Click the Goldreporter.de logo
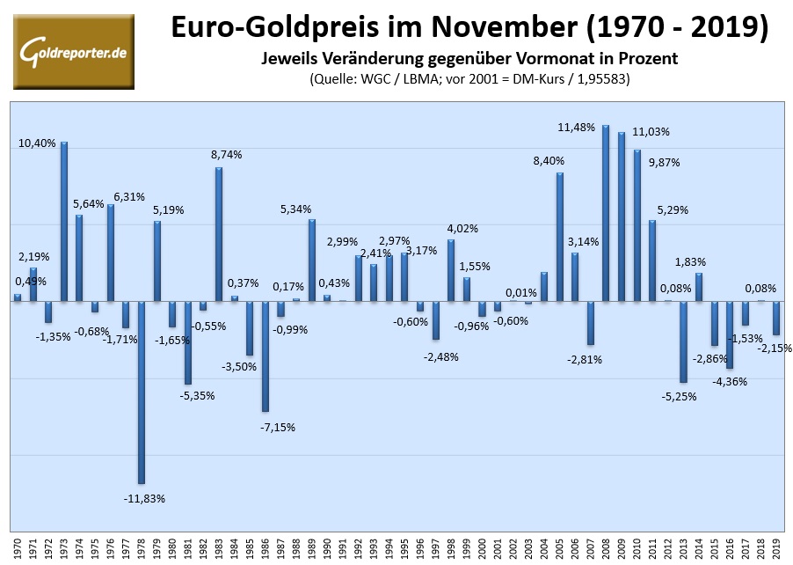coord(74,52)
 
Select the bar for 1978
coord(141,392)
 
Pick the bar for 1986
coord(265,356)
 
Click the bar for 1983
coord(218,234)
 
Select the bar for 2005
coord(559,237)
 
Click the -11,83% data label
coord(144,498)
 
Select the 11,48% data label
coord(577,128)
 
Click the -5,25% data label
coord(678,396)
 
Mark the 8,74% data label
coord(226,154)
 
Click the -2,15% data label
coord(775,348)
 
